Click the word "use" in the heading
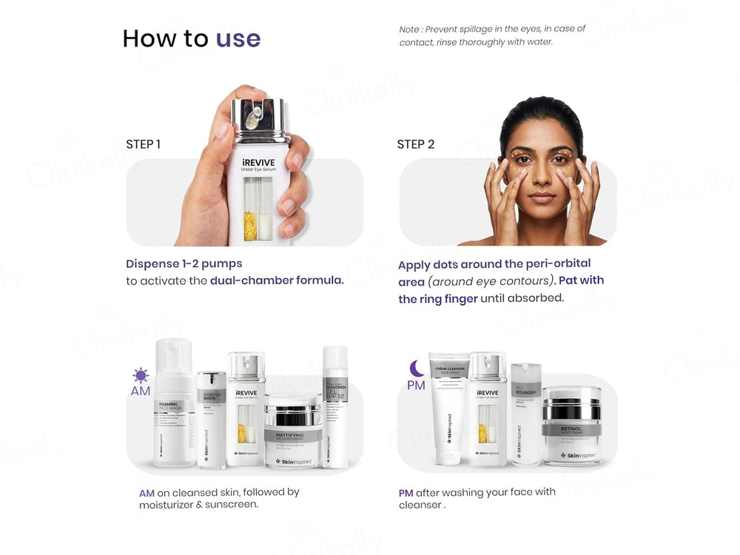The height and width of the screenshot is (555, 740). point(238,38)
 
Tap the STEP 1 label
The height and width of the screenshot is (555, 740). point(143,144)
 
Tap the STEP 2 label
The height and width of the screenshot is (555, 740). point(415,144)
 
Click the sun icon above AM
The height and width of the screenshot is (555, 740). point(141,375)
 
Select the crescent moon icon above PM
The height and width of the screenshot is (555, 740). point(417,367)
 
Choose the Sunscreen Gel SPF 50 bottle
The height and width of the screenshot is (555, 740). point(334,407)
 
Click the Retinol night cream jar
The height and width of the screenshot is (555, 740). point(571,428)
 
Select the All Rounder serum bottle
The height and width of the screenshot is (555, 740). point(526,414)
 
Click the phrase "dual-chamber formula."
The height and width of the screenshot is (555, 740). point(277,281)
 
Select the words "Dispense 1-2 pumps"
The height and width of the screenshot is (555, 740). point(184,263)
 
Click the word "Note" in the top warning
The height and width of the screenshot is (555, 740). point(409,29)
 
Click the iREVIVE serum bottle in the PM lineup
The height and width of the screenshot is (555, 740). point(487,411)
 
